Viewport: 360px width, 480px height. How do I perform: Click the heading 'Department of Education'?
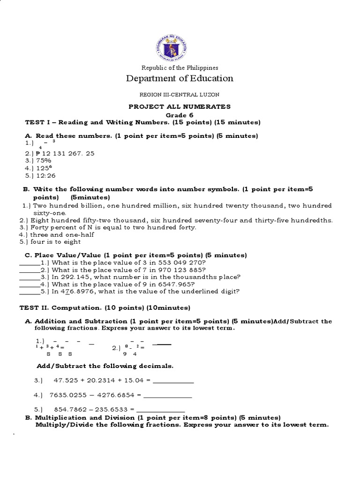[180, 78]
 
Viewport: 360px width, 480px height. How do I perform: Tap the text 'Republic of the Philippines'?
[180, 68]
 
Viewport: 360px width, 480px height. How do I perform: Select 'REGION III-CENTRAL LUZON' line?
[180, 95]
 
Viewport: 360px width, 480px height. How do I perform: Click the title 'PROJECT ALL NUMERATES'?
[180, 107]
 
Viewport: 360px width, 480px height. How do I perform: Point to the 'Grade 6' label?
[180, 115]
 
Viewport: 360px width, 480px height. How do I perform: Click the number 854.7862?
[71, 409]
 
